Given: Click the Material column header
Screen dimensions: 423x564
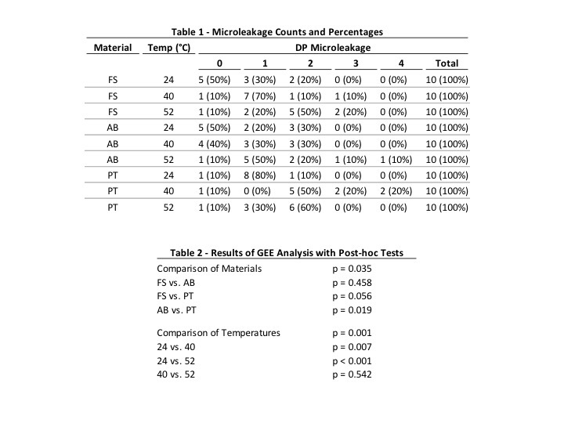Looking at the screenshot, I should [x=113, y=48].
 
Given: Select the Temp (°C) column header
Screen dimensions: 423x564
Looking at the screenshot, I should [x=168, y=48].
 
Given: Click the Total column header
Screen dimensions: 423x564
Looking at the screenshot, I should [x=446, y=63].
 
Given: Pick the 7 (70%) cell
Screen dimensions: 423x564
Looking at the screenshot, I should [x=262, y=96].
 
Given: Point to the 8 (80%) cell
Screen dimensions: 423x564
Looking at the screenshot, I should [x=262, y=175].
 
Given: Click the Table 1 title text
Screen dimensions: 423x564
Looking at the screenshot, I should [x=277, y=32].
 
